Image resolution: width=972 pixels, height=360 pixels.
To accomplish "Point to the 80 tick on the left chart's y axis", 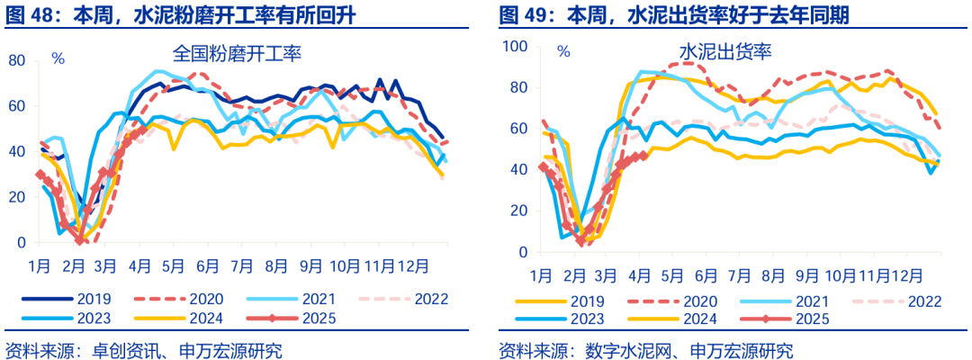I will pos(16,60).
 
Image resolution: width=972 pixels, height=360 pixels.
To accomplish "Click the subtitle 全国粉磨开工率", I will pos(237,54).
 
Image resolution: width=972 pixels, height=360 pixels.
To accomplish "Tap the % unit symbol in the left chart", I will pos(58,59).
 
